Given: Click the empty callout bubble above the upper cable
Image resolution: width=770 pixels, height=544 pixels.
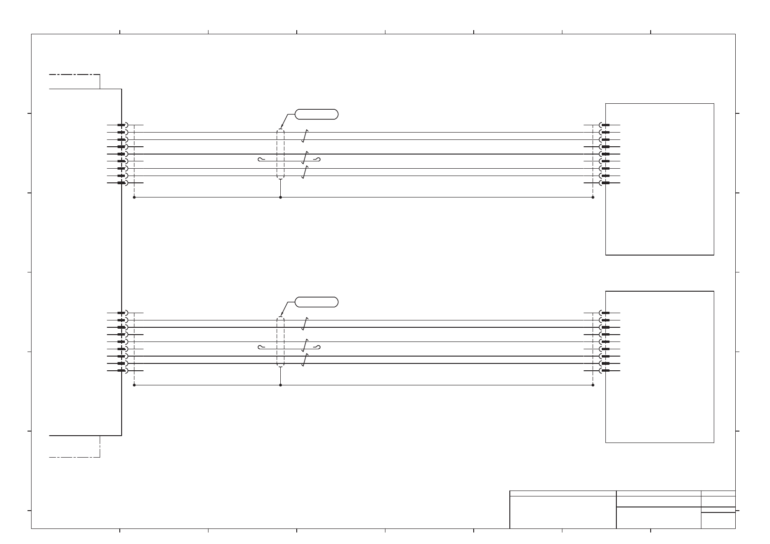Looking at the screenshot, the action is [x=317, y=114].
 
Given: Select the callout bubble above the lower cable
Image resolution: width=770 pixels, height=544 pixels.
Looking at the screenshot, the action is [x=317, y=302].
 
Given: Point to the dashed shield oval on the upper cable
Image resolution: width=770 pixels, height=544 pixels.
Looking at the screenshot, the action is [x=280, y=154].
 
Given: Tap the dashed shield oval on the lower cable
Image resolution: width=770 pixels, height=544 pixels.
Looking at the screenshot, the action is [x=280, y=341].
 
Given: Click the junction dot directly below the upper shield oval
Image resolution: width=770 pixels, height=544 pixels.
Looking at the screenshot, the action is [x=280, y=197].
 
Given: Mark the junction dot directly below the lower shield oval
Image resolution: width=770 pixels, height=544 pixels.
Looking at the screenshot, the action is [x=280, y=385].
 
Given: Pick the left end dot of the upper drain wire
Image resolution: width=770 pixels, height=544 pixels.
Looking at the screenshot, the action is [x=134, y=197].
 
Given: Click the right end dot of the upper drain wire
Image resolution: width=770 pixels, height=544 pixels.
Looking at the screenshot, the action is [x=593, y=197].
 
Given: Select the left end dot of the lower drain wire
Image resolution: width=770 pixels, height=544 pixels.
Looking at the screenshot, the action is [x=134, y=385].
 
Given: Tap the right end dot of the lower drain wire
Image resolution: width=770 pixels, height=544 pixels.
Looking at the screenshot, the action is [x=593, y=385].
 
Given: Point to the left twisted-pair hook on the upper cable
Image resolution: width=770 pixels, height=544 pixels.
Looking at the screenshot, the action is [x=260, y=159].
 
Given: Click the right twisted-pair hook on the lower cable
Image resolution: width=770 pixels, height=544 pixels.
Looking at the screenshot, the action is [x=318, y=347].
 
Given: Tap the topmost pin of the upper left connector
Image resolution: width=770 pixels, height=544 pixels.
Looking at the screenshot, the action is [x=122, y=125].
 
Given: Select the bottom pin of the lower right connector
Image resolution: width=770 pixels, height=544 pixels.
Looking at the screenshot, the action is [x=605, y=371].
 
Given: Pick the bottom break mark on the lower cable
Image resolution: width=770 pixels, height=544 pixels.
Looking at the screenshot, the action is [x=305, y=360].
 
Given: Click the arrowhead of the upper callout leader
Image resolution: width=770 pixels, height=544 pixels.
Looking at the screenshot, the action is [x=281, y=128].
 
